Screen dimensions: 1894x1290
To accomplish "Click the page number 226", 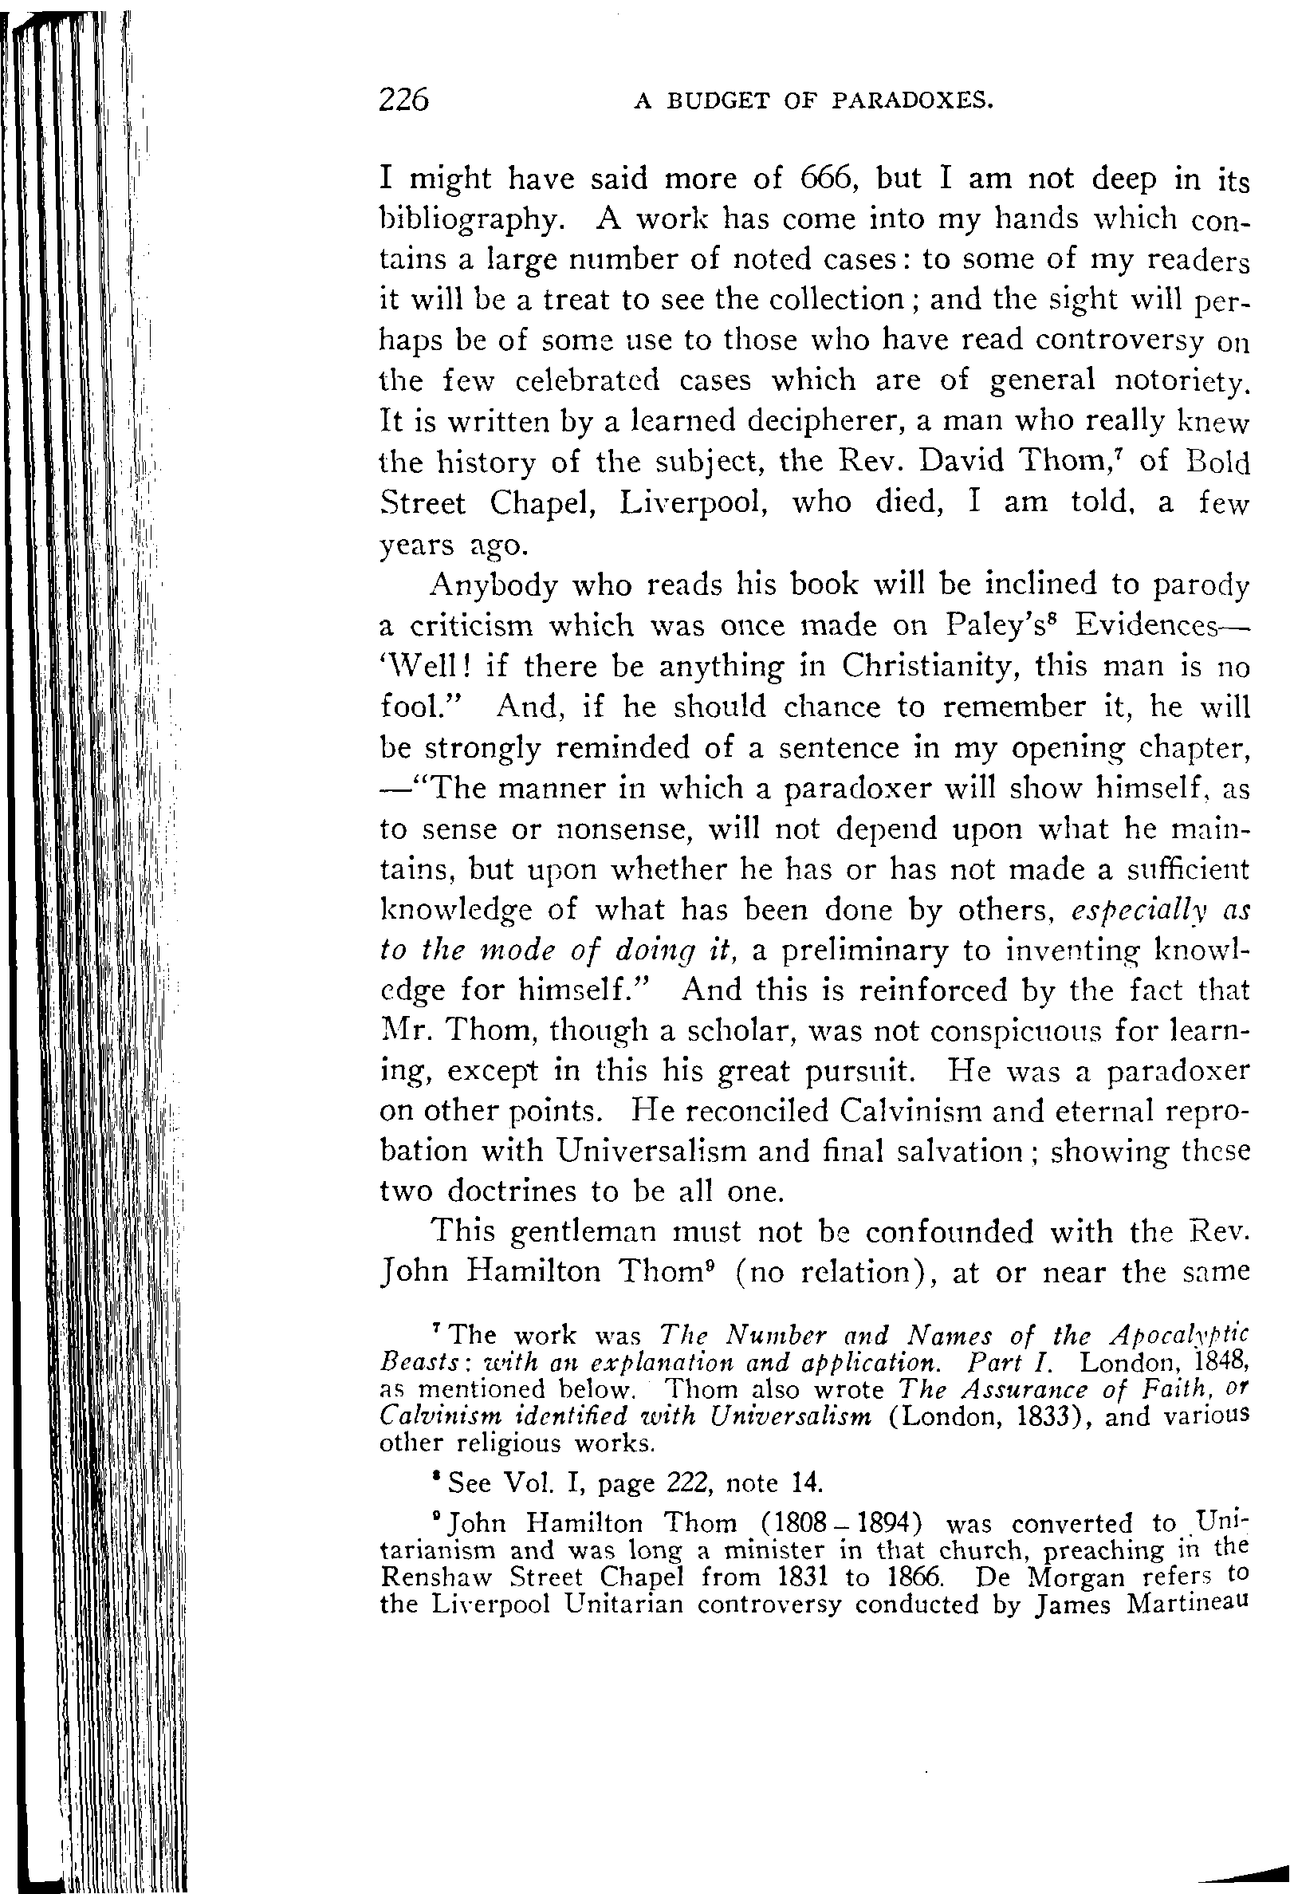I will (403, 100).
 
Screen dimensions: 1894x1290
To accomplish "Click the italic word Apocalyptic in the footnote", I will (1179, 1336).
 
